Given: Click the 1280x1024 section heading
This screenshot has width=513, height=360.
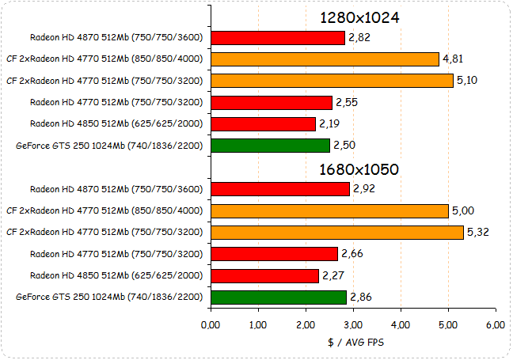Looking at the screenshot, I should (359, 17).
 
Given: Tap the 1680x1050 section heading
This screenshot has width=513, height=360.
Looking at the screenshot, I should (359, 169).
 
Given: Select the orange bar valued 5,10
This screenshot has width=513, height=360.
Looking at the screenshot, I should (332, 81).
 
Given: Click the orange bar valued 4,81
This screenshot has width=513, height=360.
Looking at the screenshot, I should (325, 59).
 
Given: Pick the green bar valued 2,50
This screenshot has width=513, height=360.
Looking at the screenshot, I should (270, 146).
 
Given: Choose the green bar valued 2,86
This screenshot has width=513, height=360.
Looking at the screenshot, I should (279, 297).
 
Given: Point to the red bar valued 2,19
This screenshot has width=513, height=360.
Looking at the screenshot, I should (263, 124).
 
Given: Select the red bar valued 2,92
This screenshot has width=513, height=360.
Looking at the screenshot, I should (280, 189).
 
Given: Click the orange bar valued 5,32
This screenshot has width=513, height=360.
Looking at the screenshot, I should (337, 233).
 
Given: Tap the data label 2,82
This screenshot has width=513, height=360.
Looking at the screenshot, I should (359, 38).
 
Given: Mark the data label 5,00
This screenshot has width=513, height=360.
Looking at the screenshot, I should (463, 210).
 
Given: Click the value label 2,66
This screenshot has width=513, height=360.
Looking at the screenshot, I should (352, 254).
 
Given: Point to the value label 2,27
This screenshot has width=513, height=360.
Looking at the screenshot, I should (333, 275).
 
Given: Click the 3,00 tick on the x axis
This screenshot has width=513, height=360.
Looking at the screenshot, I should (353, 324).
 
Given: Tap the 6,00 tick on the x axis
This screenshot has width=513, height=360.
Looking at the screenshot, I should (496, 324).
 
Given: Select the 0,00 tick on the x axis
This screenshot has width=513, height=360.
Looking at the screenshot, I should (211, 324).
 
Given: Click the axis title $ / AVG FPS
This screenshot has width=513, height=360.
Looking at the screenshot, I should (353, 343).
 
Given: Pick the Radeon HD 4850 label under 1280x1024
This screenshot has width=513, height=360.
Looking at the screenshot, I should (116, 124).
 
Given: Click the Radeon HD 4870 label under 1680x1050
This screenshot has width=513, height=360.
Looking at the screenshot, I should (116, 189).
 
